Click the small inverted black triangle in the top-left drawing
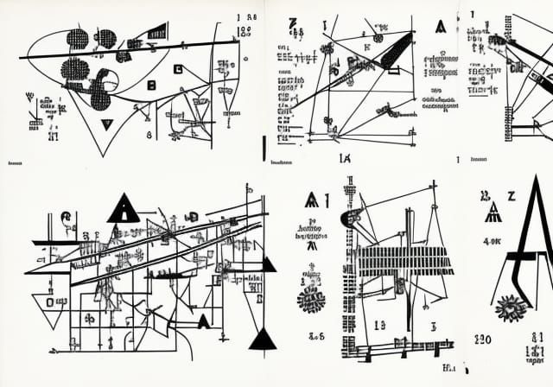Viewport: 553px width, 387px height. click(106, 124)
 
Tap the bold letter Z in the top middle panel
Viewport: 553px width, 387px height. click(293, 22)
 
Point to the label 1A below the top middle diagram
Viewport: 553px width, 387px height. click(344, 158)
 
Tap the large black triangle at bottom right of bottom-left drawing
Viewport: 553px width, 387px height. click(263, 339)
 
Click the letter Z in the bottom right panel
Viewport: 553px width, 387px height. click(511, 196)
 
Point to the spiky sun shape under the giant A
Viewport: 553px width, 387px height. click(511, 307)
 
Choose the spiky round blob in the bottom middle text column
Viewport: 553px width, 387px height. click(309, 299)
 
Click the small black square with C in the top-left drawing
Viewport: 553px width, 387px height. click(152, 85)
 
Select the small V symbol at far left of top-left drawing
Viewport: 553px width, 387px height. click(31, 98)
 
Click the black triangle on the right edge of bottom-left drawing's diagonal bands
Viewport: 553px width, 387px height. click(270, 264)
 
